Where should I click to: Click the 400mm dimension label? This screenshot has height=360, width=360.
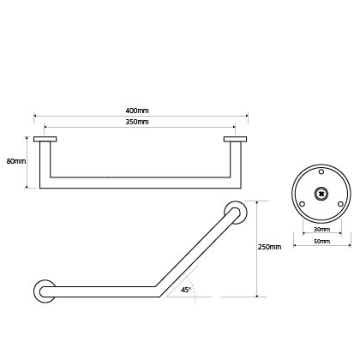pos(137,111)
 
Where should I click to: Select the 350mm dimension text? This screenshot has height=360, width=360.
pos(137,122)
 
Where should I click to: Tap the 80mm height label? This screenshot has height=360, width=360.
pos(16,161)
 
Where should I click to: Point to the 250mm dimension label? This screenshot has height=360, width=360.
pos(269,247)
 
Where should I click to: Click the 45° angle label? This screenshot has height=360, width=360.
pos(186,290)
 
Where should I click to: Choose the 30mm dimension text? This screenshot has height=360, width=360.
pos(322,230)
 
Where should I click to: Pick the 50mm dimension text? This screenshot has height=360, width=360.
pos(322,242)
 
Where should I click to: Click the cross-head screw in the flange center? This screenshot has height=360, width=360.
pos(321,194)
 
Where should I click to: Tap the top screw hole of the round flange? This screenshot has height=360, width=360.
pos(321,171)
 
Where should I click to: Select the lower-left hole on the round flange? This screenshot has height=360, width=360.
pos(303,204)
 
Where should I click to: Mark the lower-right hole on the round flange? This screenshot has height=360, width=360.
pos(340,204)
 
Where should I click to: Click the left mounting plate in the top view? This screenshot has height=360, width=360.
pos(45,139)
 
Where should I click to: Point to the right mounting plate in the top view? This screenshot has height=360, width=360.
pos(235,139)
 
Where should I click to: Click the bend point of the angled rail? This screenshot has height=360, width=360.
pos(157,291)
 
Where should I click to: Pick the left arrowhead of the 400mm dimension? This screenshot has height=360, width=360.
pos(35,116)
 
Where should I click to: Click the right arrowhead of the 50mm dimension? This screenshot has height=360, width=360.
pos(349,245)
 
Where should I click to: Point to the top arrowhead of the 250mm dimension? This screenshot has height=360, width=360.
pos(257,202)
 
